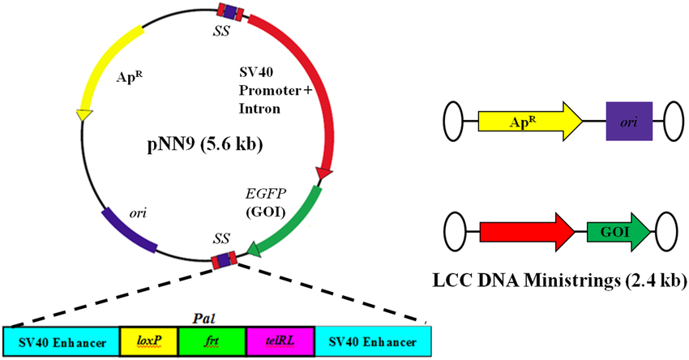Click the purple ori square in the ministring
(x=629, y=122)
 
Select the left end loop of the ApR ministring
(x=453, y=123)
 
